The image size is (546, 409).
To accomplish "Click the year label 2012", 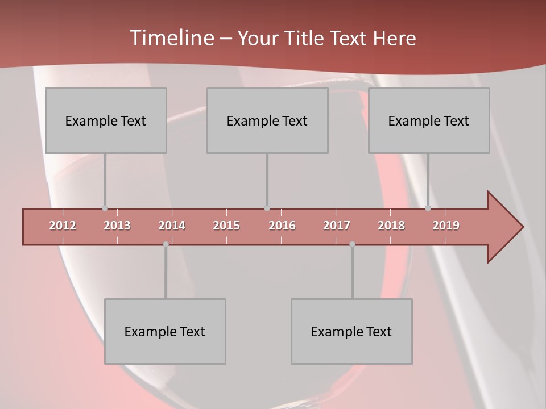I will (x=63, y=226).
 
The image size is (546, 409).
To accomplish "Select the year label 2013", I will (x=117, y=226).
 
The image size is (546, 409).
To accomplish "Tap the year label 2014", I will (x=172, y=226).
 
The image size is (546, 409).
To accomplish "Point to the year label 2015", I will (x=226, y=226).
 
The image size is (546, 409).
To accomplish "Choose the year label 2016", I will (x=282, y=226).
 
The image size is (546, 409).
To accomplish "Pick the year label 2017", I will (x=337, y=226).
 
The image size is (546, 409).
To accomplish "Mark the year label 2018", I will (x=391, y=226).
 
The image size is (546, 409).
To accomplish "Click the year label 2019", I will (x=446, y=226).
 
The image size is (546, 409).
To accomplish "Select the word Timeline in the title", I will (x=171, y=38).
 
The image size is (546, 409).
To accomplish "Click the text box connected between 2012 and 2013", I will (x=106, y=120).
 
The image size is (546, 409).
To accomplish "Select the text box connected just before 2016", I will (x=267, y=120).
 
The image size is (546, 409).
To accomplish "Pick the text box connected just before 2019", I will (x=429, y=120).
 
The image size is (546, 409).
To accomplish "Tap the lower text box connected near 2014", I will (x=165, y=331).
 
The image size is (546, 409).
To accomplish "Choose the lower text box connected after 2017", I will (x=351, y=331).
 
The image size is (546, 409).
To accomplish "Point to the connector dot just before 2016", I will (x=267, y=208).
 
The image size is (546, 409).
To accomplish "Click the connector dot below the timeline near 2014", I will (x=166, y=244).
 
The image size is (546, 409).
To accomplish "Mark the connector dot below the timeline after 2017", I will (x=352, y=244).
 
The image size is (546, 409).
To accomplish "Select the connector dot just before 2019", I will (x=428, y=208).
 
